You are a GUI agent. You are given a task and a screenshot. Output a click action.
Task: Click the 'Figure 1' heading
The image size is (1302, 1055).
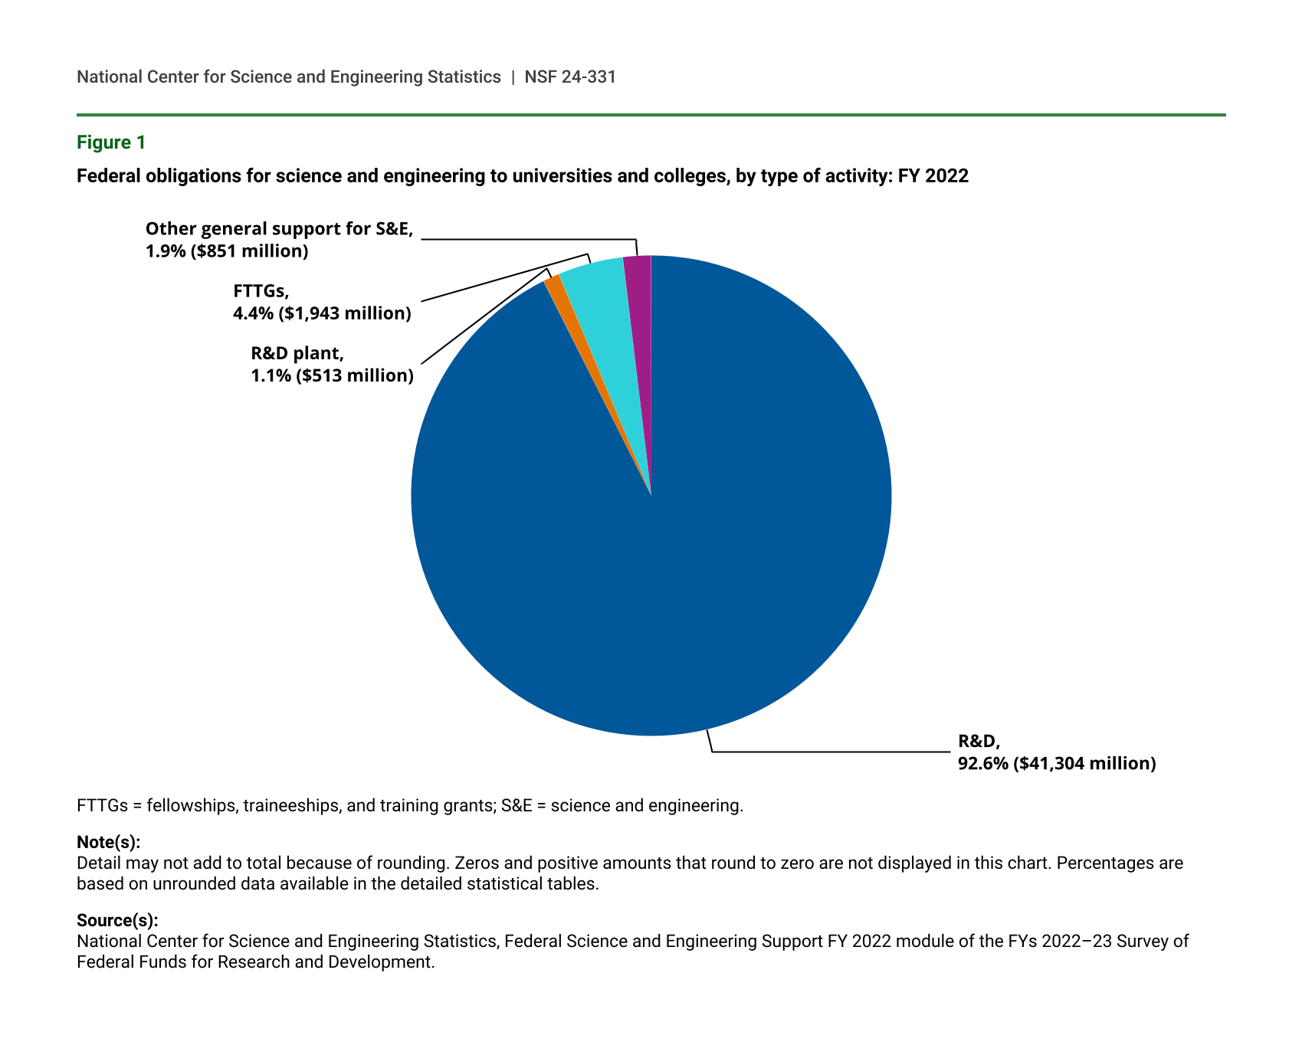click(110, 143)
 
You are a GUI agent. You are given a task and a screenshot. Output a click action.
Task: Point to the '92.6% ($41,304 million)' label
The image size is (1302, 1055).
click(1057, 763)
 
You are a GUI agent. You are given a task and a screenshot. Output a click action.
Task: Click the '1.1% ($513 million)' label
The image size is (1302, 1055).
click(332, 375)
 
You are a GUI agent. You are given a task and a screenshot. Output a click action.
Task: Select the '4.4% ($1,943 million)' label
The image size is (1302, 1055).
click(322, 313)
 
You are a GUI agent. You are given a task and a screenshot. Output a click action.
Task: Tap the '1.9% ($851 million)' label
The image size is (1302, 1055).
click(227, 251)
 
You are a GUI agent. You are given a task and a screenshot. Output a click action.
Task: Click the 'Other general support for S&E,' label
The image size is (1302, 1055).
click(279, 229)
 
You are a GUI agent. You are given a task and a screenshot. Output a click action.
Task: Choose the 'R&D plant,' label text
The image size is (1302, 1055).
click(297, 353)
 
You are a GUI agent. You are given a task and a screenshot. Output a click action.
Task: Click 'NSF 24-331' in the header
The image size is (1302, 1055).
click(570, 77)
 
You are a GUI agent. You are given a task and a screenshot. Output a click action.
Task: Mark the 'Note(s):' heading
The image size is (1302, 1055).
click(108, 842)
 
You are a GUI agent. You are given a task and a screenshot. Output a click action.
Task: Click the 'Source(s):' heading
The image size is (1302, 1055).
click(117, 920)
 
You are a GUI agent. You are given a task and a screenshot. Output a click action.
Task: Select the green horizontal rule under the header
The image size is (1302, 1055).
click(651, 115)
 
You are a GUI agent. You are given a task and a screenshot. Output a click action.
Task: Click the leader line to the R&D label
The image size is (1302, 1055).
click(828, 752)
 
